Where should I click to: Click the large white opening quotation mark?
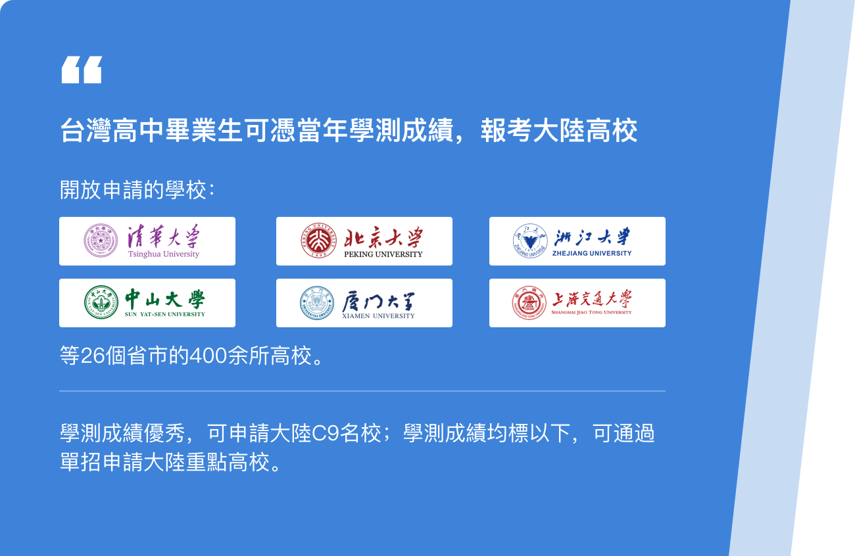82,70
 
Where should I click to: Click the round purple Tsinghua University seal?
101,241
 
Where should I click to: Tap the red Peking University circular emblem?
318,241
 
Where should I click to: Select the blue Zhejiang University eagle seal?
530,241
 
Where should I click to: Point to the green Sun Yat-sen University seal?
101,302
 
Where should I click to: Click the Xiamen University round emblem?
317,303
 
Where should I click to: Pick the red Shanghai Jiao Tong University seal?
529,303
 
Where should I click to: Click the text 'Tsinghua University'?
164,254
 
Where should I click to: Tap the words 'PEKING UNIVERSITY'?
383,254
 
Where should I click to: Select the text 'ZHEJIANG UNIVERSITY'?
592,253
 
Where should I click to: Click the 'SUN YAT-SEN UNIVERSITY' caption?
165,314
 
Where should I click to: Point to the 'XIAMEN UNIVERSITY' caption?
378,315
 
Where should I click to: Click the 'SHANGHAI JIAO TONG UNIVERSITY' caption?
592,312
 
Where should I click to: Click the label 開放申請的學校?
134,189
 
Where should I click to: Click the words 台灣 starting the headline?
86,130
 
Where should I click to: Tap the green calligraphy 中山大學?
165,298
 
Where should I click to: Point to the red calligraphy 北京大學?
383,237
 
